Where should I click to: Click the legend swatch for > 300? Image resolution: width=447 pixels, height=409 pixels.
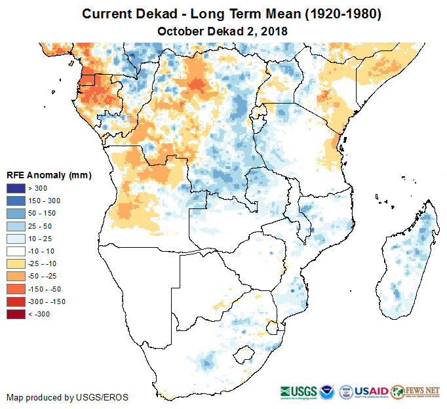pyautogui.click(x=16, y=189)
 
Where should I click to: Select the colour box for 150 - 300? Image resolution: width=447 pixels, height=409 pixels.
pyautogui.click(x=16, y=201)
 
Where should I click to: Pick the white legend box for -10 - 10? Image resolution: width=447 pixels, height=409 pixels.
pyautogui.click(x=16, y=251)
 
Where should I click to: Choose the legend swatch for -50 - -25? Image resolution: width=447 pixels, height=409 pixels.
pyautogui.click(x=16, y=276)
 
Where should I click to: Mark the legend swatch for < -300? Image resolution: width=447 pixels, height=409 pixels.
pyautogui.click(x=16, y=314)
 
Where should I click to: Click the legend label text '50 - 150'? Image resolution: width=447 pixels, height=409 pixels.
pyautogui.click(x=41, y=214)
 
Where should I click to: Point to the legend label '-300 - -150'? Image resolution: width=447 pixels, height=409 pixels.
pyautogui.click(x=47, y=302)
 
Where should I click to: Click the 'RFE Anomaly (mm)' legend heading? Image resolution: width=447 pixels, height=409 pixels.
pyautogui.click(x=49, y=176)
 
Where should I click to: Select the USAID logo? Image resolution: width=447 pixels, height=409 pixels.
pyautogui.click(x=372, y=391)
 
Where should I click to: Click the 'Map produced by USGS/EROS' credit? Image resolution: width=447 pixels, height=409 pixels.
pyautogui.click(x=68, y=397)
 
